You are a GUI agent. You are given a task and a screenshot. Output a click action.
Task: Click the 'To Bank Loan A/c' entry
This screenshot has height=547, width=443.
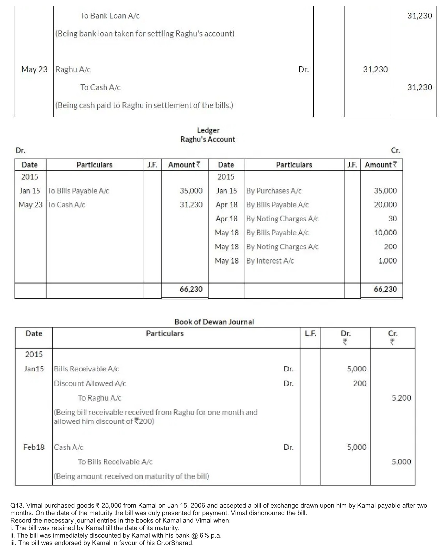click(110, 16)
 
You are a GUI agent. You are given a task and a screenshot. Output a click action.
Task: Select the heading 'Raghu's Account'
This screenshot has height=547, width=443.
click(207, 139)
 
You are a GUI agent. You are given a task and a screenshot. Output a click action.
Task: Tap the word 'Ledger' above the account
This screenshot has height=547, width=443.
click(208, 130)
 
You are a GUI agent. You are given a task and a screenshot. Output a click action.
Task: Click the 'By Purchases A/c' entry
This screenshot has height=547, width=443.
click(274, 191)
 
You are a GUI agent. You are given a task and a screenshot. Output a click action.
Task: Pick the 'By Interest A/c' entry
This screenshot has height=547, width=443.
click(270, 261)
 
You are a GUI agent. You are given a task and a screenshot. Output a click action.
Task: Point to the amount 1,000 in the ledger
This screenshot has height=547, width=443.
click(387, 261)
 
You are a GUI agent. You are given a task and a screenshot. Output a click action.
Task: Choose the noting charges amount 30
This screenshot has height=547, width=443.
click(392, 219)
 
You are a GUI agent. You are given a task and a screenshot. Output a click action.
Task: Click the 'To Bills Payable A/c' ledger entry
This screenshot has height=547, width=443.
click(78, 191)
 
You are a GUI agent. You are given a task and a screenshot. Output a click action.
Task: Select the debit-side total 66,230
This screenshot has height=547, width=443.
click(191, 289)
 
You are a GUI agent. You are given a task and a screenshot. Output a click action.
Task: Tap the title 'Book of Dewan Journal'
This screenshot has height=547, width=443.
click(214, 322)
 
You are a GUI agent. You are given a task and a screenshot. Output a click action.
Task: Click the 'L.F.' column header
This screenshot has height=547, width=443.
click(311, 334)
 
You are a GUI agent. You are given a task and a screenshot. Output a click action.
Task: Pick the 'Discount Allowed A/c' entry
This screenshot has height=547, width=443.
click(90, 383)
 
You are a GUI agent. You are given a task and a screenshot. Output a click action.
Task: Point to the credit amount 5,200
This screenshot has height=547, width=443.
click(401, 398)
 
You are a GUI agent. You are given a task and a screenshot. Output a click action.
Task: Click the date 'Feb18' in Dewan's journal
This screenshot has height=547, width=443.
click(34, 447)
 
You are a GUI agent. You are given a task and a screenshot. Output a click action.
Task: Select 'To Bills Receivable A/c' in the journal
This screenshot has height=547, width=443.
click(115, 462)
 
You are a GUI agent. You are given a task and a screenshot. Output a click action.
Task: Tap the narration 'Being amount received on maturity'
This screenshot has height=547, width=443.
click(131, 476)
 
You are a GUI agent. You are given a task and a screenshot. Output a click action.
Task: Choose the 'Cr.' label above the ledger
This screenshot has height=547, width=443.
click(395, 150)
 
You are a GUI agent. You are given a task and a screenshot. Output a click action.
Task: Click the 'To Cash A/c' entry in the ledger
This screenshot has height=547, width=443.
click(66, 205)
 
